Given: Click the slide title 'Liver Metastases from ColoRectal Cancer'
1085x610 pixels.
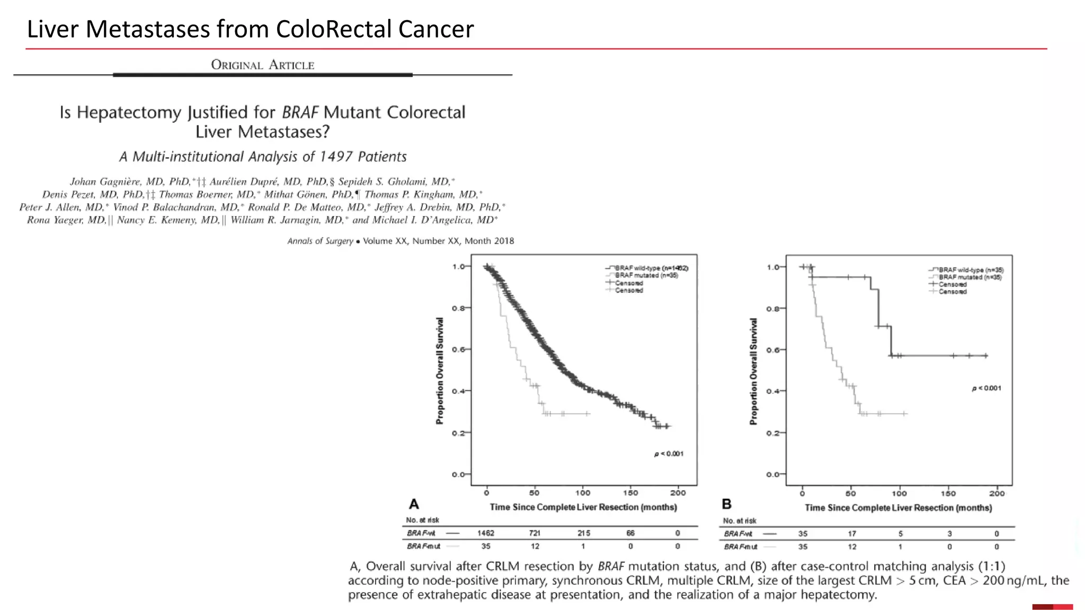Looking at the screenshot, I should pos(250,29).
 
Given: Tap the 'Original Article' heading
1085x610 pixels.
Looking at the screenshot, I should pos(263,65).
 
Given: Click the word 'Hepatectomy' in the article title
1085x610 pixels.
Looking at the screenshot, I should pos(129,112).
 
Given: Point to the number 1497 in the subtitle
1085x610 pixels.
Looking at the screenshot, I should pos(336,157).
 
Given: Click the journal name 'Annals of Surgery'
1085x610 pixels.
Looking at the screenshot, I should pos(320,241).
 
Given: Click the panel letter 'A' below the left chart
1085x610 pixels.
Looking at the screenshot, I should pos(414,504).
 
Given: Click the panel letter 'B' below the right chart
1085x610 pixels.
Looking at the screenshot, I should pos(727,504).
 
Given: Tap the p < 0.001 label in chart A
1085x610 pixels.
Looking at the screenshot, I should pos(669,454).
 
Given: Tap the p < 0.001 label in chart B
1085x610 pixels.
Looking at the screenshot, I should pos(986,388).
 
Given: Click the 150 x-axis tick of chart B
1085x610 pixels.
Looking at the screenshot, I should pos(948,494).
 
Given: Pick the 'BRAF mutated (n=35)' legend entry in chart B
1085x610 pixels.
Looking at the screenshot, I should pos(970,277).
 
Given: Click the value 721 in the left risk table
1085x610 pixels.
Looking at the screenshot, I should pos(535,533).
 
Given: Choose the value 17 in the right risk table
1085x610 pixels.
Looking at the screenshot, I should pos(851,534).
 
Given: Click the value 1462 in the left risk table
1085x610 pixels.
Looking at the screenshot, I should pos(485,533).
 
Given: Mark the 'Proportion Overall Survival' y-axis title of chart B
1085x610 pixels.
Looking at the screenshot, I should pos(753,371).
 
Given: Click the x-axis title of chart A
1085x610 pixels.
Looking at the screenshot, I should pos(583,507).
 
